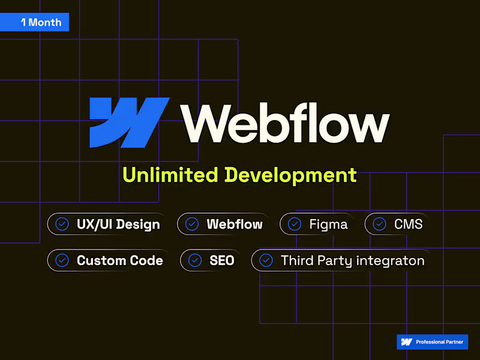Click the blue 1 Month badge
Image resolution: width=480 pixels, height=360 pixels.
click(x=34, y=22)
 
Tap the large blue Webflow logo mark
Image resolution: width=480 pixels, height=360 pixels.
click(x=129, y=122)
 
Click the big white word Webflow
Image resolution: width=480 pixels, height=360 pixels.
click(x=285, y=123)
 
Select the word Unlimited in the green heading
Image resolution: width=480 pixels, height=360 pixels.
click(x=170, y=175)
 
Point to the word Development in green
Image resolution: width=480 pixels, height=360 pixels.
click(x=291, y=176)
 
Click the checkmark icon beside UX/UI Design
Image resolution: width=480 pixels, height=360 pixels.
click(x=62, y=224)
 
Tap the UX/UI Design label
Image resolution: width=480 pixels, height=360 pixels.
click(x=118, y=224)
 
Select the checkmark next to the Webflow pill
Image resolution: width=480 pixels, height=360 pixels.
click(x=192, y=224)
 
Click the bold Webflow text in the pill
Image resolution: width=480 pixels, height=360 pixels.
click(x=235, y=224)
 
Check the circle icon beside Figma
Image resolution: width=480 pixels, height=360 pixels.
click(x=295, y=224)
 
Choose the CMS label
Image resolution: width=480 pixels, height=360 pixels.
click(x=409, y=224)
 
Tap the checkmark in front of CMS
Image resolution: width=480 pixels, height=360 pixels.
click(x=379, y=224)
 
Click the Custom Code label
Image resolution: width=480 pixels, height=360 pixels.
click(x=120, y=260)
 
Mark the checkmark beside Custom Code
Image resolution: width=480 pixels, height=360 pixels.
click(x=62, y=260)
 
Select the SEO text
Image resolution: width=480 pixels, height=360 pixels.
click(x=222, y=260)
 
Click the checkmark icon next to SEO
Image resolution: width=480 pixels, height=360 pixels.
click(x=194, y=260)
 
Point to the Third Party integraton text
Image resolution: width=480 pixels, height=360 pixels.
click(x=353, y=261)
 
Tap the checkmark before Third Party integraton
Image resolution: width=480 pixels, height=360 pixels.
click(x=266, y=260)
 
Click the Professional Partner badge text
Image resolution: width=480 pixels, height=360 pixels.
click(x=439, y=342)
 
